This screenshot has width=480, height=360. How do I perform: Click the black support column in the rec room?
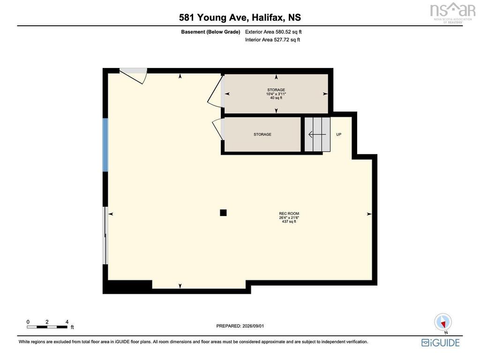(x=223, y=212)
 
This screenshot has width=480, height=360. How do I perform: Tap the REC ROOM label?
(x=289, y=214)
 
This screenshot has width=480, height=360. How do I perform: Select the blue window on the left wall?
(x=105, y=145)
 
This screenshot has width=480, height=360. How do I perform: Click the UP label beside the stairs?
(x=338, y=135)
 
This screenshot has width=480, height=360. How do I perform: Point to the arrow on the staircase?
(x=317, y=135)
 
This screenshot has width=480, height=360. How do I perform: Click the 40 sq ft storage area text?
(x=276, y=98)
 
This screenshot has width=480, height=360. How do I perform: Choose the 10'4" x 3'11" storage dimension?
(x=276, y=94)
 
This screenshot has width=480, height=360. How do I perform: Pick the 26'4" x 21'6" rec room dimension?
(x=289, y=217)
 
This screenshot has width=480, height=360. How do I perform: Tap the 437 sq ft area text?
(x=289, y=221)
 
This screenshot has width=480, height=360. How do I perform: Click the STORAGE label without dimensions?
(x=262, y=135)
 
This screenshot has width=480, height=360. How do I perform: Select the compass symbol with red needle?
(x=443, y=322)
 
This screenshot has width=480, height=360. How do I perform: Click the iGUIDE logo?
(x=441, y=343)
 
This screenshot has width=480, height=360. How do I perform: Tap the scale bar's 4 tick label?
(x=67, y=322)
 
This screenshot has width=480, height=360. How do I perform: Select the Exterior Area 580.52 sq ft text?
(x=273, y=31)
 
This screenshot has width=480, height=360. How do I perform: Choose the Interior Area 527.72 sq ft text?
(x=272, y=39)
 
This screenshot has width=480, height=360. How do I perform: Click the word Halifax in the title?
(x=268, y=17)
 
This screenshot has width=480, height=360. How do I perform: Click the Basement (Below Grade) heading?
(x=210, y=31)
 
